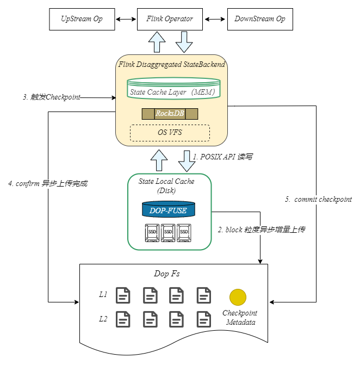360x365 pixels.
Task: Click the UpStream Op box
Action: [82, 19]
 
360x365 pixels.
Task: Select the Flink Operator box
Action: [170, 19]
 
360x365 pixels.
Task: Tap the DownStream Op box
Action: [259, 19]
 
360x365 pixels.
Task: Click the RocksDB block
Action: [170, 114]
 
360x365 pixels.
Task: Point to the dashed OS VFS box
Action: [170, 132]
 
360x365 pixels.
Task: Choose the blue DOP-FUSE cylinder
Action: [168, 209]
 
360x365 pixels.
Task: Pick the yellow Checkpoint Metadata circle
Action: [238, 297]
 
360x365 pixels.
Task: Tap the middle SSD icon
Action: [168, 232]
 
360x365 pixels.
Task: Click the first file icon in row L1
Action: [123, 295]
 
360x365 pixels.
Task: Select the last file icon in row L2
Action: [204, 319]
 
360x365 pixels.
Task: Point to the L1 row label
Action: [103, 295]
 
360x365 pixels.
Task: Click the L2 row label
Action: [103, 319]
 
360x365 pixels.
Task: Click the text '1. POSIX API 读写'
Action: [223, 156]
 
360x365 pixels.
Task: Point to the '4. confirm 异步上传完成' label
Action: [48, 184]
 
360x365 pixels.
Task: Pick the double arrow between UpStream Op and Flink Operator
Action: [126, 19]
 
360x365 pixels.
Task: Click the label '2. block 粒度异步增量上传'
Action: [262, 230]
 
